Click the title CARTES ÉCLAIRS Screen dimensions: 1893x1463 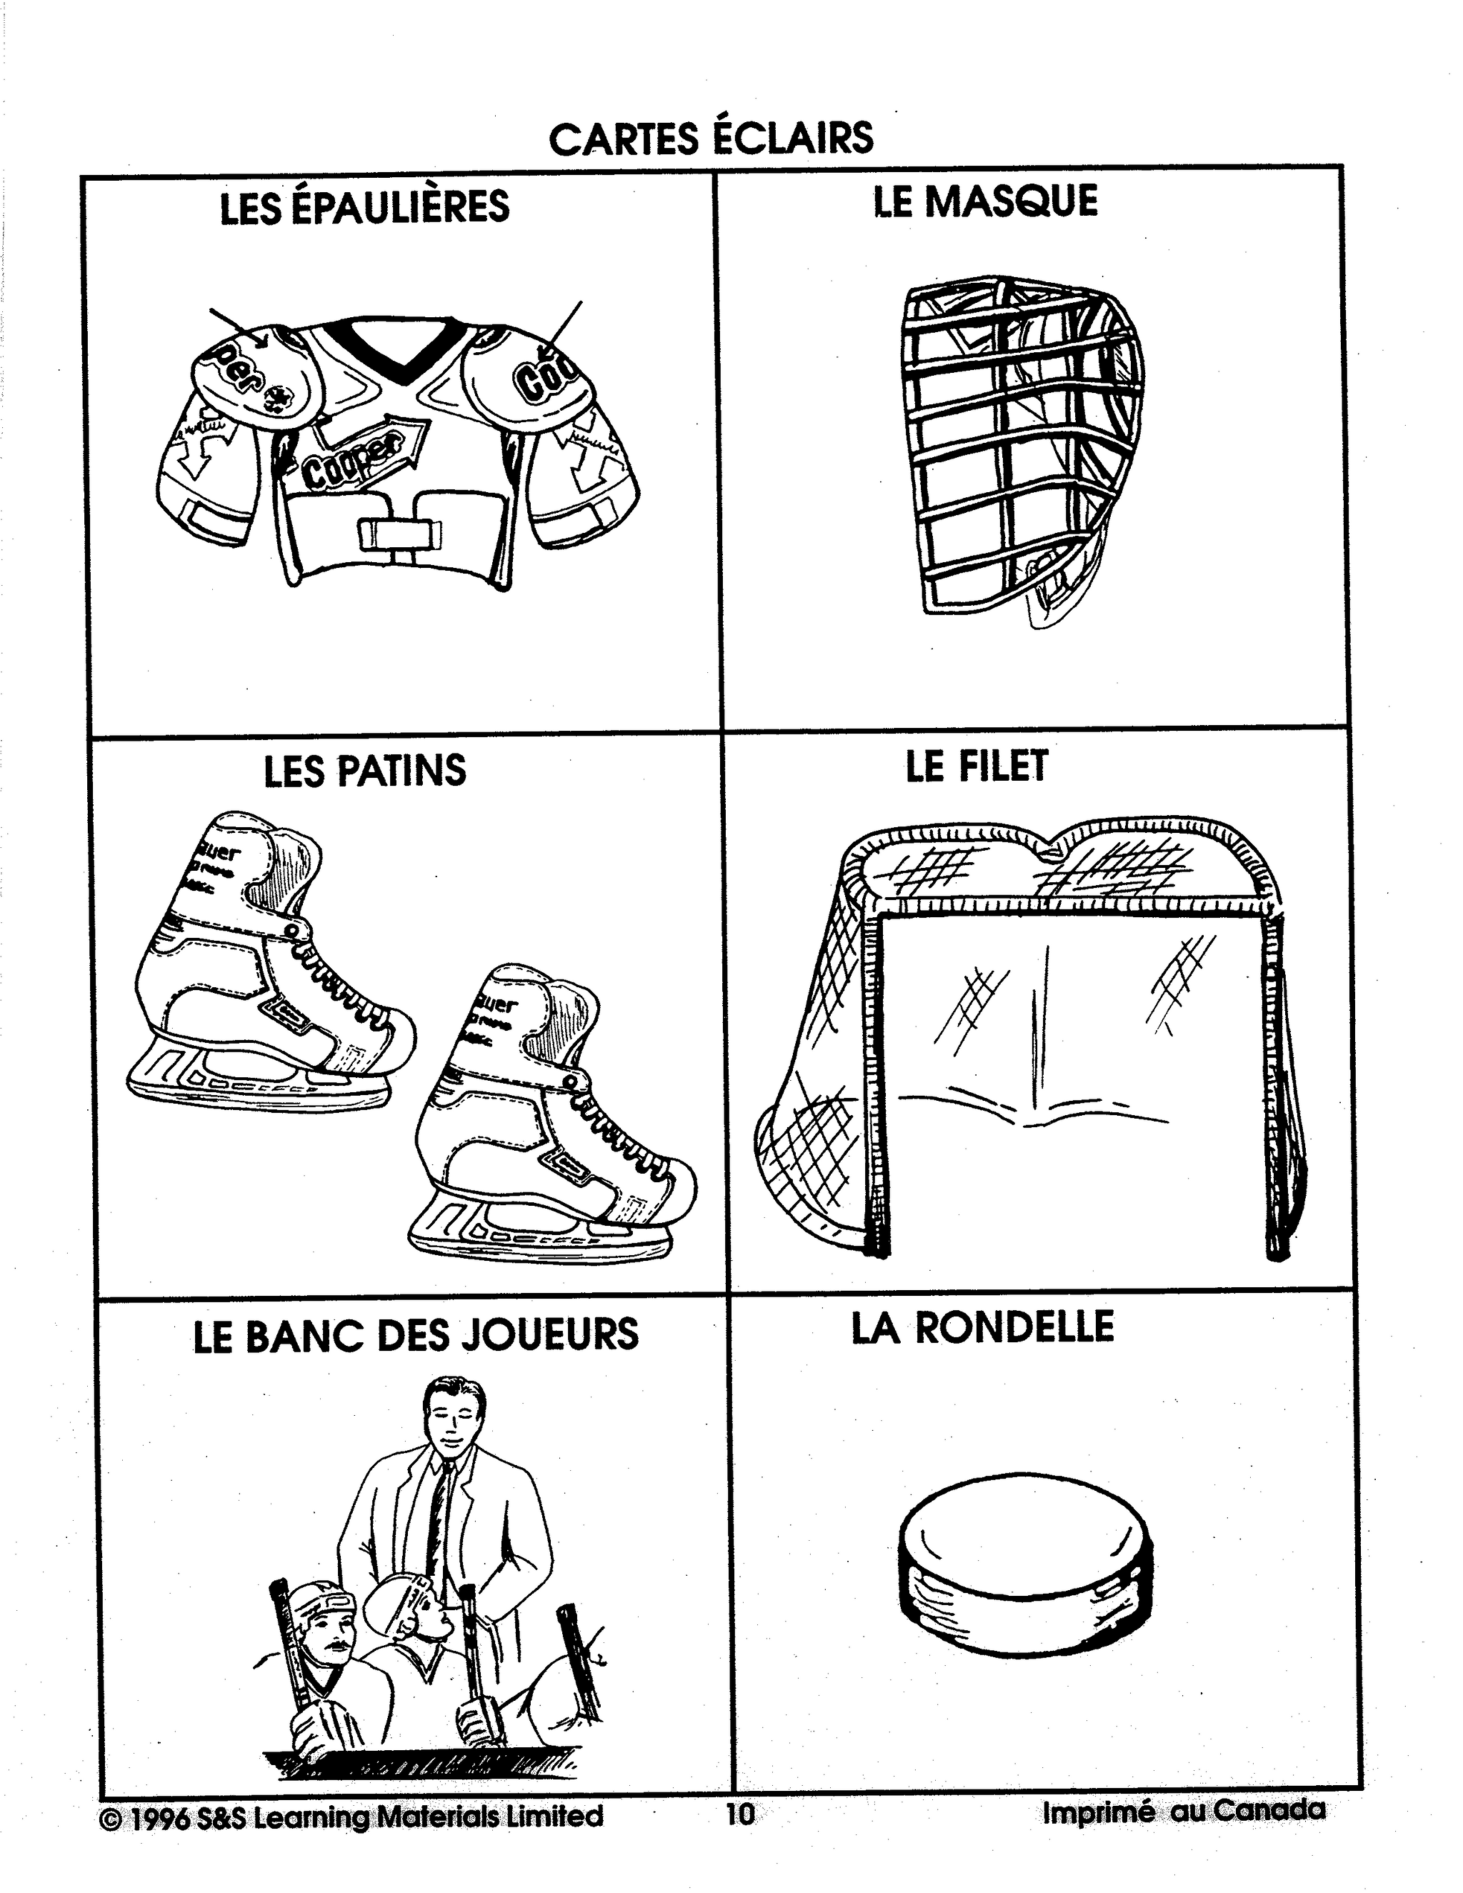pyautogui.click(x=711, y=139)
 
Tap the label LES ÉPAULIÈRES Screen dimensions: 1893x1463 pyautogui.click(x=364, y=208)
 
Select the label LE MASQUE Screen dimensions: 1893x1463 pyautogui.click(x=984, y=201)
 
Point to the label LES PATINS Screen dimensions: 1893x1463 pyautogui.click(x=364, y=771)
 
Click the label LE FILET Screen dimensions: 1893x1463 pyautogui.click(x=977, y=766)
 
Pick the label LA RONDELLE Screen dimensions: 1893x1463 pyautogui.click(x=982, y=1327)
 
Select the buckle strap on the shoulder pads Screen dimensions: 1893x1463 pyautogui.click(x=399, y=533)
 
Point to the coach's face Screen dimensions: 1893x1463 pyautogui.click(x=452, y=1422)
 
